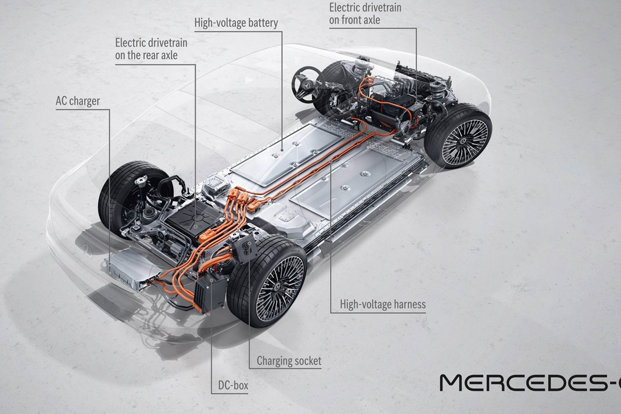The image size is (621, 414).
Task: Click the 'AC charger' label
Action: click(x=78, y=101)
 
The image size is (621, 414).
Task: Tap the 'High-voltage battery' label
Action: click(x=236, y=23)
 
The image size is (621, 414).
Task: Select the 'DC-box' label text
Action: click(x=230, y=386)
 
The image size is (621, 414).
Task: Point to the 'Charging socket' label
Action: click(x=289, y=361)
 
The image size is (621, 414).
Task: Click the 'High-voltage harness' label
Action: click(x=382, y=304)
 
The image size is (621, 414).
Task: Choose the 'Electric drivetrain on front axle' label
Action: click(x=365, y=14)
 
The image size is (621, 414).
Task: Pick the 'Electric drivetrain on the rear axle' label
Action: click(x=151, y=48)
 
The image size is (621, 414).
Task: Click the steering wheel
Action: click(x=307, y=84)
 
